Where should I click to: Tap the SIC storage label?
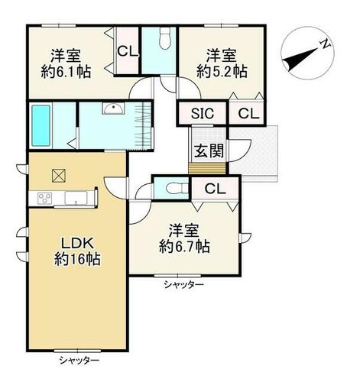(203, 113)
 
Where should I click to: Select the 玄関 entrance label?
(209, 151)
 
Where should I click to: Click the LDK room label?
(77, 244)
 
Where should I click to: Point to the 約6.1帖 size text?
(66, 73)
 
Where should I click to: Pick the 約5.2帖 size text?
(222, 72)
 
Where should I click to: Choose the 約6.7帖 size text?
(184, 246)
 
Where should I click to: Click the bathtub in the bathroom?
(41, 126)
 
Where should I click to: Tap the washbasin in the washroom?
(113, 108)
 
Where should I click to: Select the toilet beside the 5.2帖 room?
(165, 38)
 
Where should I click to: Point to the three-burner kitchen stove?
(45, 198)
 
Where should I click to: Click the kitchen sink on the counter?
(76, 198)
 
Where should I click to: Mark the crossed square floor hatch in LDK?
(59, 176)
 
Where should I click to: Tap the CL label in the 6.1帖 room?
(128, 52)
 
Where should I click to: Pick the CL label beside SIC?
(248, 114)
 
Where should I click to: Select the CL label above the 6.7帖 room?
(216, 189)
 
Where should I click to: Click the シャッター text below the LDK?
(79, 361)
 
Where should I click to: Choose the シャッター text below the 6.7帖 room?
(184, 285)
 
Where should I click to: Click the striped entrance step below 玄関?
(207, 169)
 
